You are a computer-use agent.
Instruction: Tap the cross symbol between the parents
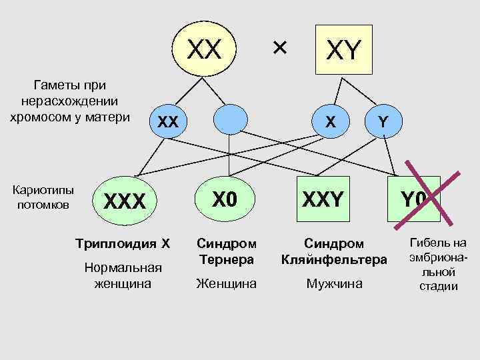coord(279,47)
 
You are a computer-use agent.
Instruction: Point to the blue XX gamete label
coord(167,122)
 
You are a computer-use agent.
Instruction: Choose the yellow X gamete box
coord(329,121)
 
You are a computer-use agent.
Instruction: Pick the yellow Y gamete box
coord(383,121)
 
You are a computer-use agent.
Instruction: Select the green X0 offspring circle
coord(226,198)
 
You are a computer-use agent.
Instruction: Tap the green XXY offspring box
coord(323,198)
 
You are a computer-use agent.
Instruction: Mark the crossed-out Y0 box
coord(419,198)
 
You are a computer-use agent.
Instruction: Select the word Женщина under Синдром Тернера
coord(226,284)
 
